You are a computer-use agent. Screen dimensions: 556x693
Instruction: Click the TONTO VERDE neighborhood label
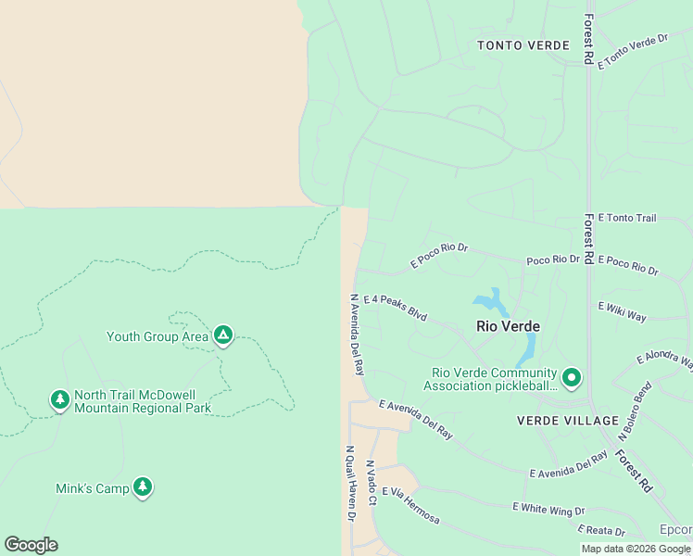(523, 45)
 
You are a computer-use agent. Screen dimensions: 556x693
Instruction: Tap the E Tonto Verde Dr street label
(633, 52)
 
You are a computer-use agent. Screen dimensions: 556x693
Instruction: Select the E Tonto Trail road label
(627, 219)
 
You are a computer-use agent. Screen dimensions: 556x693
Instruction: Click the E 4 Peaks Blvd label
(396, 309)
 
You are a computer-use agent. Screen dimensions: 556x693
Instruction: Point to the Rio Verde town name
(508, 326)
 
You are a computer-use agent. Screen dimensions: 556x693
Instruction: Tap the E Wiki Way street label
(623, 311)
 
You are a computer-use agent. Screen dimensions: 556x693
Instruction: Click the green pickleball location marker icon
(572, 377)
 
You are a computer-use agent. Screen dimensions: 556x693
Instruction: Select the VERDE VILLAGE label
(567, 421)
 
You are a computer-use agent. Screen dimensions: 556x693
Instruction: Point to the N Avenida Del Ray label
(355, 334)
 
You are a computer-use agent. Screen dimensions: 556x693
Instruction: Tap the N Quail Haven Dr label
(351, 485)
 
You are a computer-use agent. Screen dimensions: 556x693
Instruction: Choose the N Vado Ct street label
(371, 483)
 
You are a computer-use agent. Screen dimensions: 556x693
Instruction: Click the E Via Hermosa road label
(409, 505)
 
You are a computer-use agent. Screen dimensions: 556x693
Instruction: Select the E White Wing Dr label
(548, 510)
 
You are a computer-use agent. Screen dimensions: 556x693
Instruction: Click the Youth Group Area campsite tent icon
(222, 335)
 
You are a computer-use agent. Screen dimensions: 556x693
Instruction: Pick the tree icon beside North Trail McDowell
(60, 400)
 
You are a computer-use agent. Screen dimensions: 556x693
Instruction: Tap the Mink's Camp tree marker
(142, 486)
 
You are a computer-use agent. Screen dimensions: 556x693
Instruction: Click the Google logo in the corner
(31, 545)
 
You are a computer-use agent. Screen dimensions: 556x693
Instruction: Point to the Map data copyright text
(636, 549)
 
